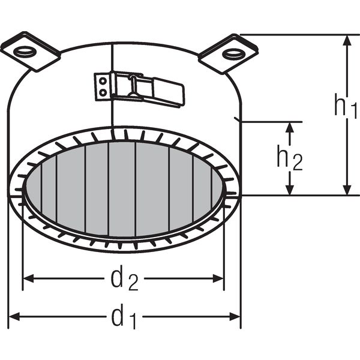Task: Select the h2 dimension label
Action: tap(290, 158)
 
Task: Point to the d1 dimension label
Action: tap(124, 316)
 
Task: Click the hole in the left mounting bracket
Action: tap(24, 52)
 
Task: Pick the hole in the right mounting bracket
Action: tap(233, 54)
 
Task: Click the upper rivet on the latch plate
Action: tap(103, 81)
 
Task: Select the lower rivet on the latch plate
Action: tap(103, 92)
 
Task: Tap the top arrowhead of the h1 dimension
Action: tap(348, 40)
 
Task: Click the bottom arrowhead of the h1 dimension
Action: tap(348, 190)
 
